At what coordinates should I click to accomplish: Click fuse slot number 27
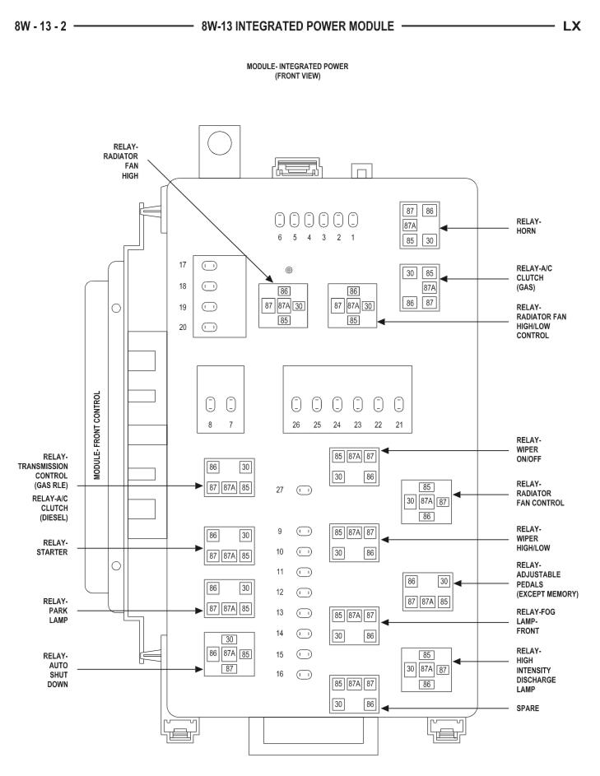click(304, 490)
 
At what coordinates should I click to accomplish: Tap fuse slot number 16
click(304, 673)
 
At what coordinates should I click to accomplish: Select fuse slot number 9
click(304, 532)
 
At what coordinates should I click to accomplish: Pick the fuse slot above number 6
click(280, 220)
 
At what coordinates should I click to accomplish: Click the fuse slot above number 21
click(399, 404)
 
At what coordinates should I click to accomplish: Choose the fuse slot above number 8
click(210, 404)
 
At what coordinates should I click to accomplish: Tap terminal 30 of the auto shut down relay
click(230, 639)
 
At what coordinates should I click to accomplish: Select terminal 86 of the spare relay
click(370, 704)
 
